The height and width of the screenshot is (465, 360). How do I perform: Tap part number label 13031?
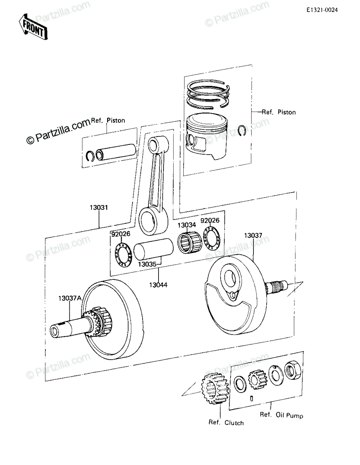(x=98, y=207)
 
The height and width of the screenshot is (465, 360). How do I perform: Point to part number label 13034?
(x=186, y=225)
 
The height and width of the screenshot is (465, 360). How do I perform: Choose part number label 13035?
(x=147, y=264)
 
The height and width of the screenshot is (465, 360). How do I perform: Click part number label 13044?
(x=158, y=285)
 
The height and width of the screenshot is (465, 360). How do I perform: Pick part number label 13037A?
(x=70, y=298)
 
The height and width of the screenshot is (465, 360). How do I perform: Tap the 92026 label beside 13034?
(x=210, y=220)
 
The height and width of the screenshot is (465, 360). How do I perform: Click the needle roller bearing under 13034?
(x=189, y=243)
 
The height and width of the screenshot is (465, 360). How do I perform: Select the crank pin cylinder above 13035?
(x=153, y=249)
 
